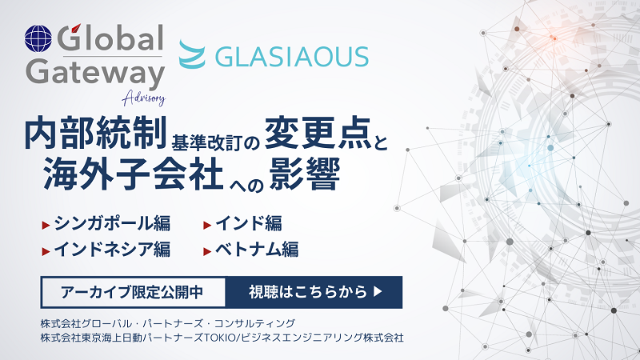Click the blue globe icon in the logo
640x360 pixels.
point(38,38)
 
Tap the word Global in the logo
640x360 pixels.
point(110,38)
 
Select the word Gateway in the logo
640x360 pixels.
point(95,73)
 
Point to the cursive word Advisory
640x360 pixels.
point(144,98)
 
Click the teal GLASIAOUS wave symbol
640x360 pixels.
point(192,54)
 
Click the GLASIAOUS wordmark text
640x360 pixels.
point(292,57)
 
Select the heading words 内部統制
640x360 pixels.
point(96,133)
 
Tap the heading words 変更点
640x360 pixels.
point(318,133)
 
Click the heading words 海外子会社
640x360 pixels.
point(134,174)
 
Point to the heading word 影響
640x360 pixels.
point(305,174)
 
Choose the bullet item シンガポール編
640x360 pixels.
point(112,223)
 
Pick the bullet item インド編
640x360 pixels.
point(249,223)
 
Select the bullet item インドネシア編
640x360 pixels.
point(112,249)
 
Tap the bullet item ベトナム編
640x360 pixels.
point(257,249)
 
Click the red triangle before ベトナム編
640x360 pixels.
point(207,251)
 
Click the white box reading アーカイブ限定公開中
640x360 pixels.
point(133,292)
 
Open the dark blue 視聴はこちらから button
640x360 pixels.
point(314,292)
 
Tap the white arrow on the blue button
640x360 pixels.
point(378,291)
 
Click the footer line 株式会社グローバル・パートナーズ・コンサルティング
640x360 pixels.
point(168,324)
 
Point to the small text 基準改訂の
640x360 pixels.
point(216,143)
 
